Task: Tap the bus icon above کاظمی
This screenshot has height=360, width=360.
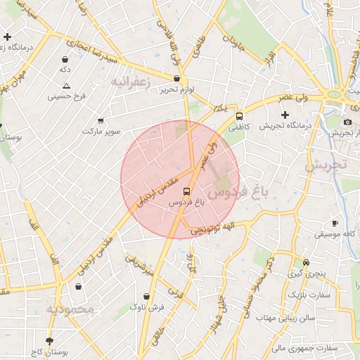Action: tap(239, 116)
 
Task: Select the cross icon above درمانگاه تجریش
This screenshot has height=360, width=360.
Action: tap(285, 115)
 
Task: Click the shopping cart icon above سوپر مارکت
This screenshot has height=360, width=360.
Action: tap(101, 120)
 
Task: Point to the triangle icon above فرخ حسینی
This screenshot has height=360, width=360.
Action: tap(65, 85)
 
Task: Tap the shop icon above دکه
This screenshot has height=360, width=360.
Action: tap(65, 59)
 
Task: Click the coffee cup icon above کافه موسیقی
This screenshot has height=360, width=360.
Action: tap(335, 223)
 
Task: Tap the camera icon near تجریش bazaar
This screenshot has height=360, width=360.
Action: tap(347, 122)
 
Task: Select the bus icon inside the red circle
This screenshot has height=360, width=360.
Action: tap(186, 191)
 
